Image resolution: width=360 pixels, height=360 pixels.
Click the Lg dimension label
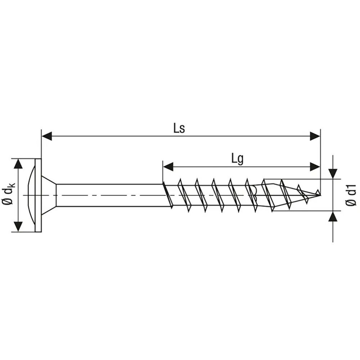[237, 159]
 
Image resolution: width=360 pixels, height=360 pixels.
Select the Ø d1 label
[351, 195]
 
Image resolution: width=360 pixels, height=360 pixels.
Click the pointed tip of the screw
[320, 194]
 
